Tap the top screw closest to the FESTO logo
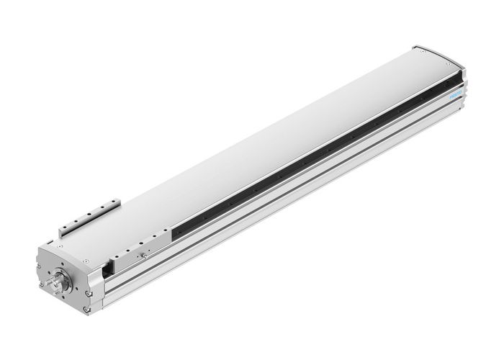[x=455, y=62]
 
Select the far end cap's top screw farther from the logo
[x=416, y=50]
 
